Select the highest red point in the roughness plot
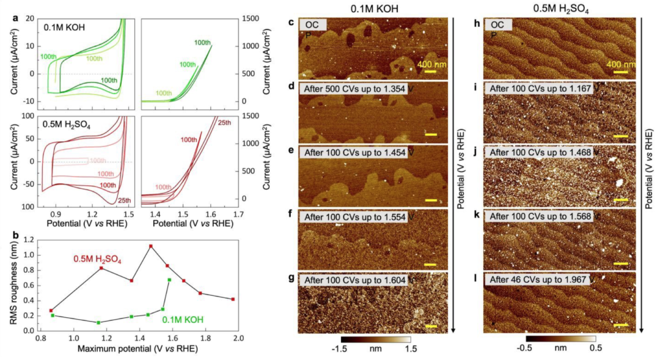click(150, 246)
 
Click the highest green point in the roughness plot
click(169, 280)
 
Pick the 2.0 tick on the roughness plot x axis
click(237, 338)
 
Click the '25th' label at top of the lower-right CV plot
click(224, 123)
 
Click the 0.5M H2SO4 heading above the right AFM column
click(561, 9)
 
